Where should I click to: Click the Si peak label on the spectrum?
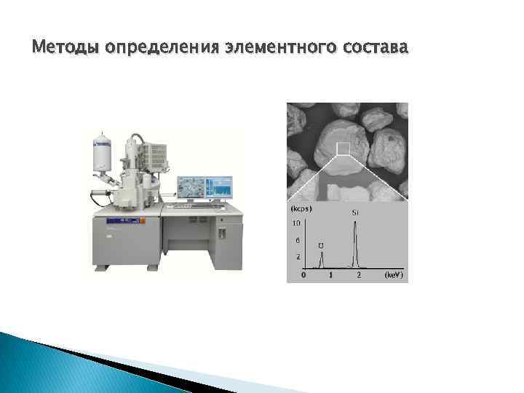pos(354,213)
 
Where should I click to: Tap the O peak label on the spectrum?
pos(321,245)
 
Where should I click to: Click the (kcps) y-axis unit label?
pos(302,209)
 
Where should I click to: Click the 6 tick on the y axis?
pos(297,239)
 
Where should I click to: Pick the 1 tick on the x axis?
pos(331,276)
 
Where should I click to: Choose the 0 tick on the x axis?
pos(303,276)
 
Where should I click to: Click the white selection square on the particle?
pos(343,149)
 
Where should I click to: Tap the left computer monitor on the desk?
pos(191,187)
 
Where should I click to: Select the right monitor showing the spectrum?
pos(220,187)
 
